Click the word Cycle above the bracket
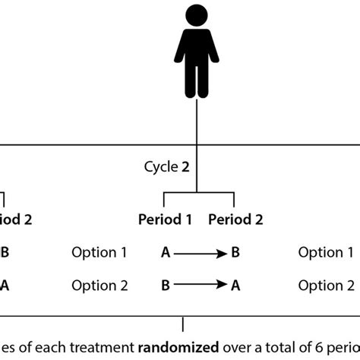click(x=160, y=166)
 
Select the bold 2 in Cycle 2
click(x=185, y=166)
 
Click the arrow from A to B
click(x=198, y=253)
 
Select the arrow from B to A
click(x=198, y=286)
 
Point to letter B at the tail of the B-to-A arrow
click(x=165, y=286)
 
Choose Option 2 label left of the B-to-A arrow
click(x=99, y=286)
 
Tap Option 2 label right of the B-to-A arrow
click(x=326, y=286)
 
